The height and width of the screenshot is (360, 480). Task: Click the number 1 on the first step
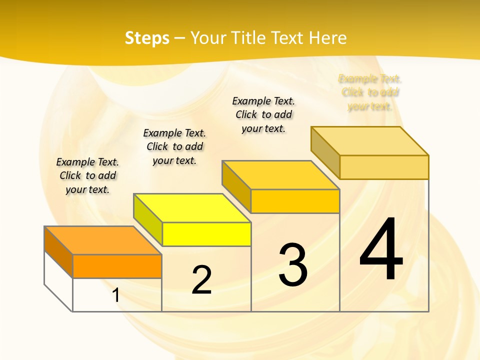116,295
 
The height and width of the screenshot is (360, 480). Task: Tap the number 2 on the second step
201,280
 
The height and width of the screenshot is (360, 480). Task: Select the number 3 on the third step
293,265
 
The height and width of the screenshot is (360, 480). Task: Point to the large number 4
381,250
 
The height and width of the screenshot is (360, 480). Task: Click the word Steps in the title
147,38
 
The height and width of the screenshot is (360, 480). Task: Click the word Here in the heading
327,38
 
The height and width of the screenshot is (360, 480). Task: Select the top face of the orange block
103,240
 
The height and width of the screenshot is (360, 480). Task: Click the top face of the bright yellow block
192,208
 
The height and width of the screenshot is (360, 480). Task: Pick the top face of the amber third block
281,175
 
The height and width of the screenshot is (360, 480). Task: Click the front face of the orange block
117,266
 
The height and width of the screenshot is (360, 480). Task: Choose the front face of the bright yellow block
206,234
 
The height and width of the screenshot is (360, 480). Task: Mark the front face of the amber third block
295,201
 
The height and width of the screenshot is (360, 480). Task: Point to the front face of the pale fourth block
384,167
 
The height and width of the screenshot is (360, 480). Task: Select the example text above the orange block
87,175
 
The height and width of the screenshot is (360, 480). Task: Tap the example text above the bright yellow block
174,146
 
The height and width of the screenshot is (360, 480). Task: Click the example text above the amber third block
263,114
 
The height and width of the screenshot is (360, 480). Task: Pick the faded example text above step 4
370,92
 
